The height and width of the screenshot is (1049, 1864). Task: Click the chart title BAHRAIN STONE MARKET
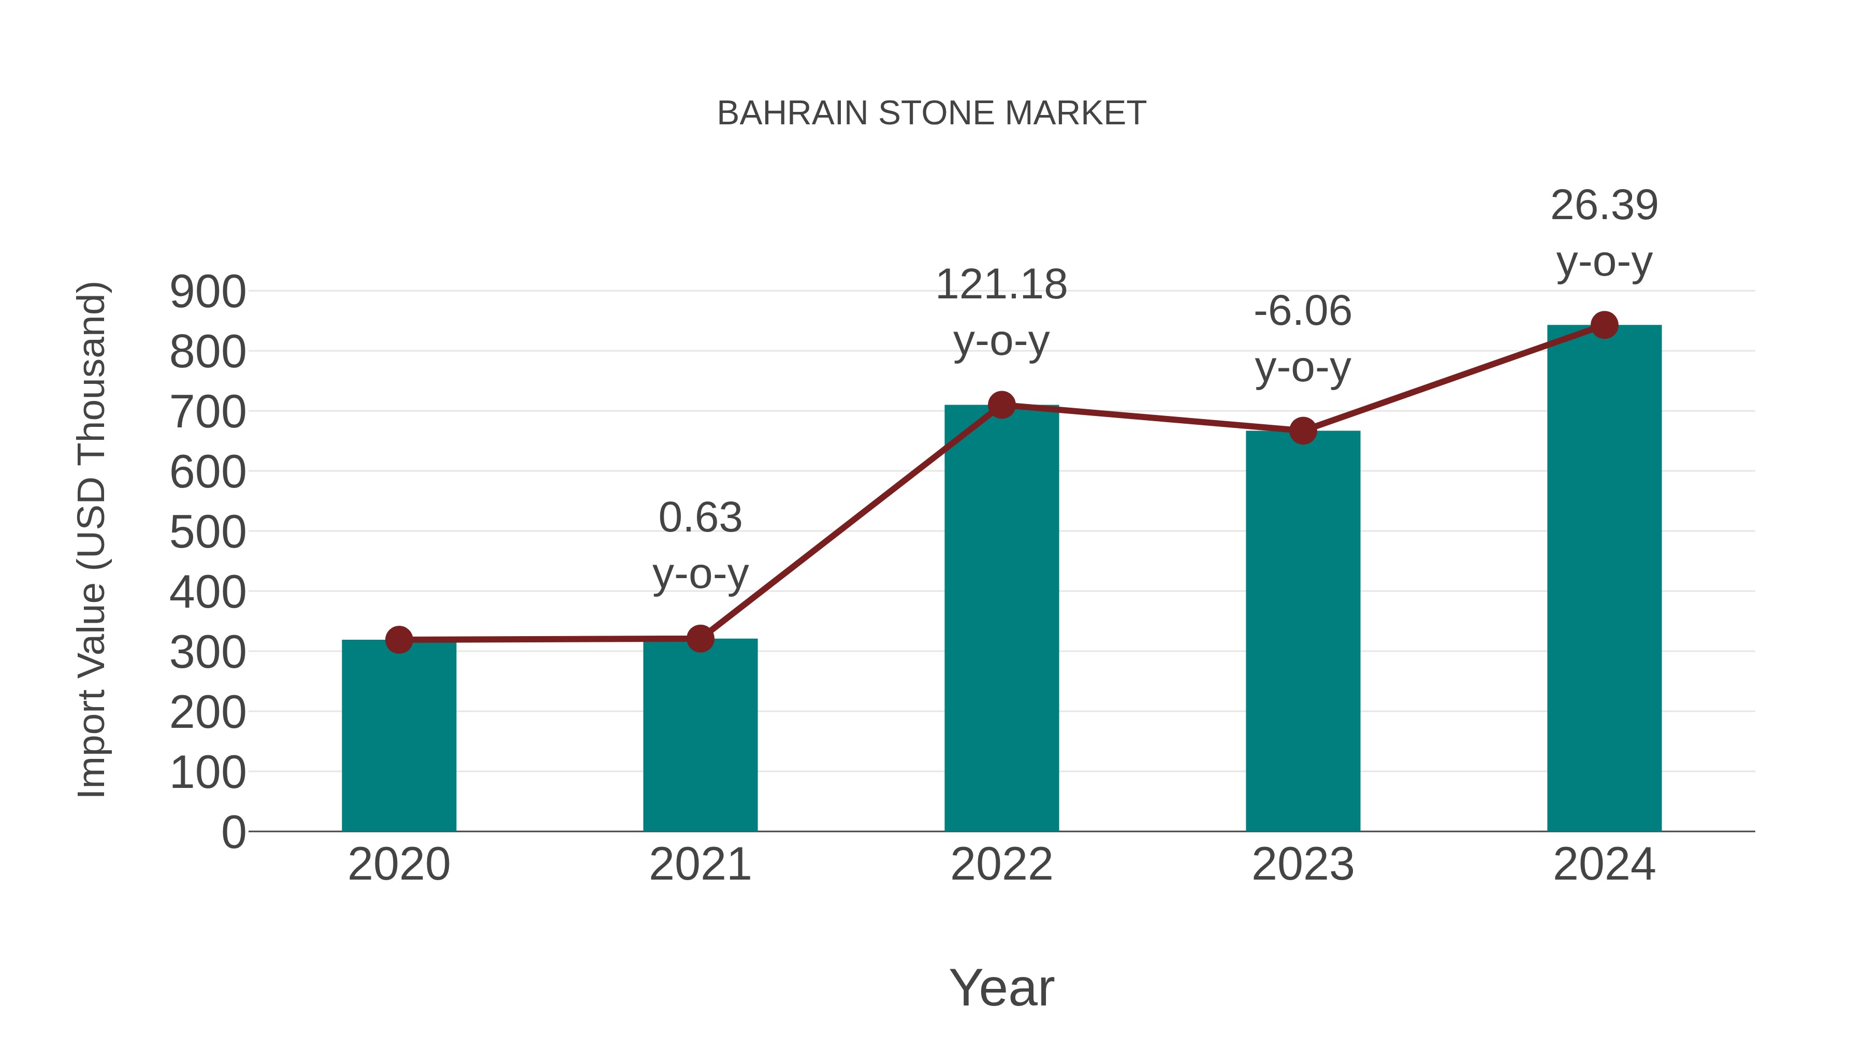point(931,113)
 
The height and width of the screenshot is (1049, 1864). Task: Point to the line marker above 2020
point(399,640)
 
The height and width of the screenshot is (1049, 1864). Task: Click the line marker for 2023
point(1303,431)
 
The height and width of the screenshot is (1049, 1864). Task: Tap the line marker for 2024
point(1604,325)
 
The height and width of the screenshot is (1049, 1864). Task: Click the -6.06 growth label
point(1303,339)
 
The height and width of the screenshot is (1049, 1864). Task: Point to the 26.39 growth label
point(1604,233)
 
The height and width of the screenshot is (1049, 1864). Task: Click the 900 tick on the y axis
point(208,293)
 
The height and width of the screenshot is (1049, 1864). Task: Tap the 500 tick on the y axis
point(208,533)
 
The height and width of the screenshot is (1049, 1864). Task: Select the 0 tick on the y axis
point(233,832)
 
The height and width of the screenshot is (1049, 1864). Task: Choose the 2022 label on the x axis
point(1001,865)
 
